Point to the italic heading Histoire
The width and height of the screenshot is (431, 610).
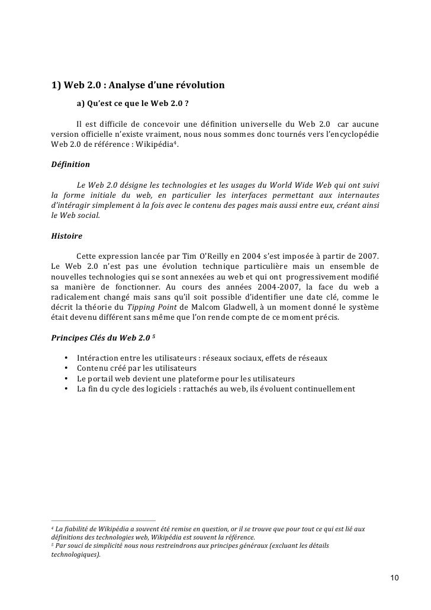point(67,235)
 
